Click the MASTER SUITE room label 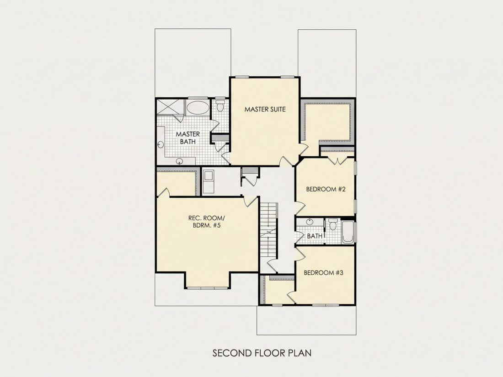(x=265, y=109)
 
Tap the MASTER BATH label (x=187, y=138)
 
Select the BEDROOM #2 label (x=326, y=189)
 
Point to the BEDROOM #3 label (x=323, y=273)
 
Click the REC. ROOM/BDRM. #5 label (x=207, y=222)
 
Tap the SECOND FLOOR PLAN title (x=262, y=353)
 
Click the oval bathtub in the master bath (x=197, y=107)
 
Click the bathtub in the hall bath (x=348, y=232)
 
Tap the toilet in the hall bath (x=332, y=224)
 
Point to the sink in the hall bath (x=309, y=222)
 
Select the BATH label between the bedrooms (x=315, y=236)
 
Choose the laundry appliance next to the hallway (x=209, y=182)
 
